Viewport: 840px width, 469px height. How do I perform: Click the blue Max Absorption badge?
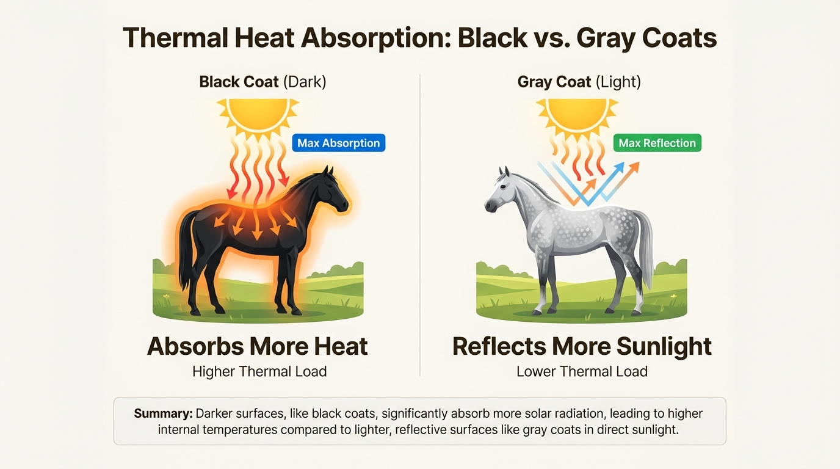[x=338, y=143]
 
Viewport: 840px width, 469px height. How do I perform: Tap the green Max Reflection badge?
[x=657, y=143]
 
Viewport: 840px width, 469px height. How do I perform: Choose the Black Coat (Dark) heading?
[x=262, y=82]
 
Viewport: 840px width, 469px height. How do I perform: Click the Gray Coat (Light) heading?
[x=579, y=82]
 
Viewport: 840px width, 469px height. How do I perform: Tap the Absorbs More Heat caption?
[x=257, y=346]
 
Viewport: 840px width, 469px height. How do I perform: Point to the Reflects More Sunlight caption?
[x=582, y=346]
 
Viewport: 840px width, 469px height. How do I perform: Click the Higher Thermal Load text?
[x=259, y=371]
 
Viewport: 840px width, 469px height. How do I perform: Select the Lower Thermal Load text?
[x=582, y=371]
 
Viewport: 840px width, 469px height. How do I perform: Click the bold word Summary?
[x=163, y=413]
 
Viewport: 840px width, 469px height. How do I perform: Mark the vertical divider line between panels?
[x=420, y=226]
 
